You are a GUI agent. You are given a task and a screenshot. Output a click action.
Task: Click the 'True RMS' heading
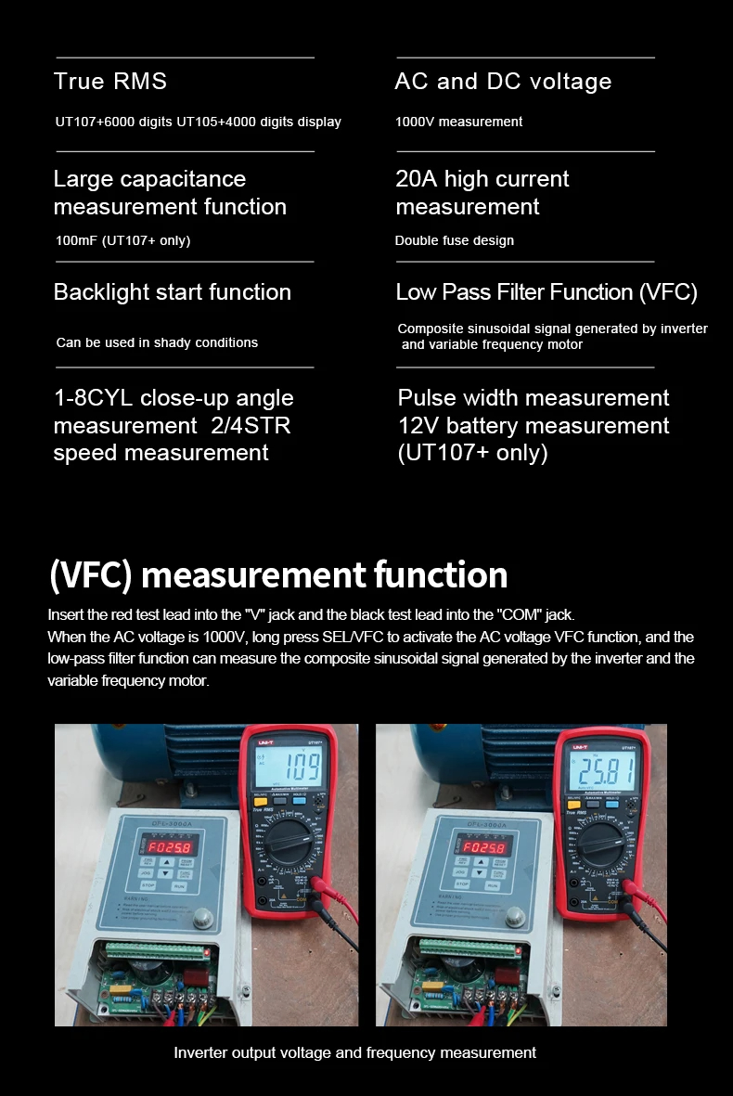pos(110,82)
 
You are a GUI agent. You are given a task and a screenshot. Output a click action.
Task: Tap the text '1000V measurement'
pos(458,122)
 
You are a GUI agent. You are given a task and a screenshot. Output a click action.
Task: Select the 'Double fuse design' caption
pos(454,240)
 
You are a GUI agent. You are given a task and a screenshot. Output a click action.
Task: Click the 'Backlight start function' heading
pos(173,292)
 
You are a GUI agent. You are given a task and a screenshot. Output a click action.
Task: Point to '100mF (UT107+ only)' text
pos(122,240)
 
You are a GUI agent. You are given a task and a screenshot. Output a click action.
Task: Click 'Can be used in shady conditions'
pos(157,342)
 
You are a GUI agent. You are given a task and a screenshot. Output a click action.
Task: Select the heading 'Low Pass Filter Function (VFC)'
pos(547,292)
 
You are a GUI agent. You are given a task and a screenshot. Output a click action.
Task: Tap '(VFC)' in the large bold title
pos(90,574)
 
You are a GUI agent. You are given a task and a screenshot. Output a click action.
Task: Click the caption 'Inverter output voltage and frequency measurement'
pos(354,1052)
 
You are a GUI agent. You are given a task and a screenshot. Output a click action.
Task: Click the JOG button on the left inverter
pos(147,871)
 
